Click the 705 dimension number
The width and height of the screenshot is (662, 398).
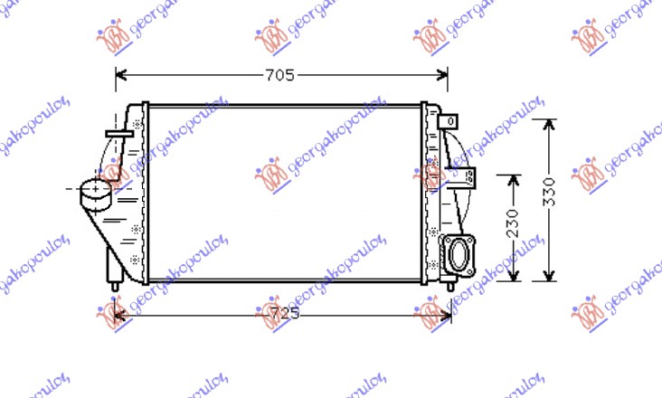tap(281, 76)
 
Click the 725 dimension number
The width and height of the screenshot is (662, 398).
tap(284, 313)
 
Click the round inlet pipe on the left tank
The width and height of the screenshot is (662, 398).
tap(93, 191)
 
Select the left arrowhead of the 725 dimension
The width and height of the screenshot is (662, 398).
tap(115, 313)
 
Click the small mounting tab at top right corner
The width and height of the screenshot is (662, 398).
tap(448, 120)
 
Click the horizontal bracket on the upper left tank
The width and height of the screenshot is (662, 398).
tap(119, 134)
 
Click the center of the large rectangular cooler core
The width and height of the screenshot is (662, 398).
tap(284, 192)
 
